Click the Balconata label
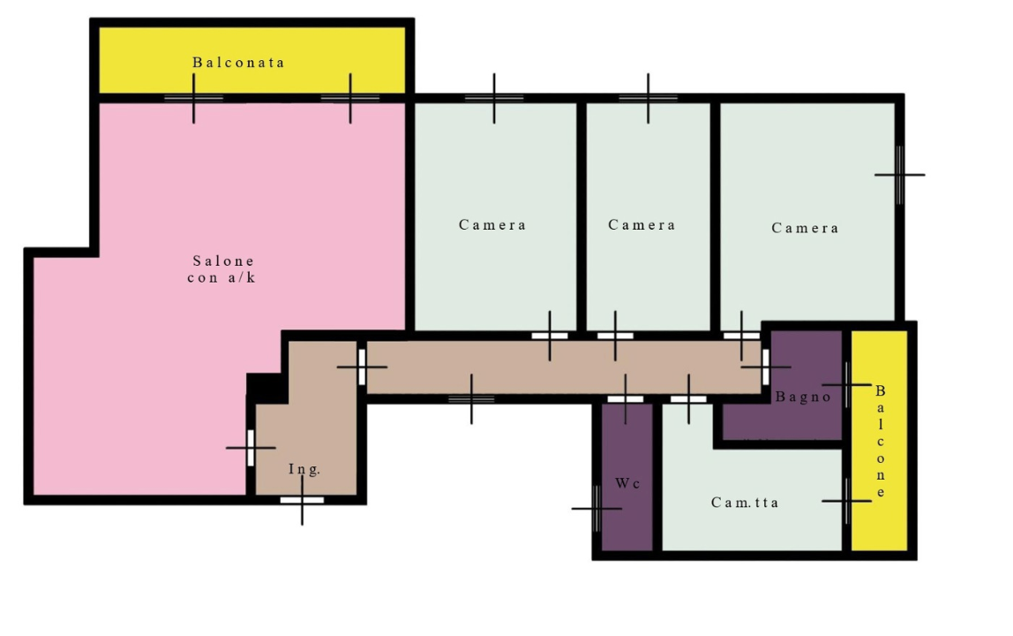238,63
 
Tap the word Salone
223,261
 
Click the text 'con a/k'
221,277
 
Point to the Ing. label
304,469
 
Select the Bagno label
803,397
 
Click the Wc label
627,483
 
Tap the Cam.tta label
744,503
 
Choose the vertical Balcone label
880,442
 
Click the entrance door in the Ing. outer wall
302,500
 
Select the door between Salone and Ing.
251,448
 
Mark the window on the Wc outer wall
597,509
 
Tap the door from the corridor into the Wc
626,399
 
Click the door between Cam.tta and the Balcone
846,501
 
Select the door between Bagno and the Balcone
846,384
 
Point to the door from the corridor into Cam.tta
688,399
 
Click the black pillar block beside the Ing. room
266,388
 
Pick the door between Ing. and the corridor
362,367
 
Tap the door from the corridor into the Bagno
766,367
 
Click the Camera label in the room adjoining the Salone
492,225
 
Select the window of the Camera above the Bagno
899,175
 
